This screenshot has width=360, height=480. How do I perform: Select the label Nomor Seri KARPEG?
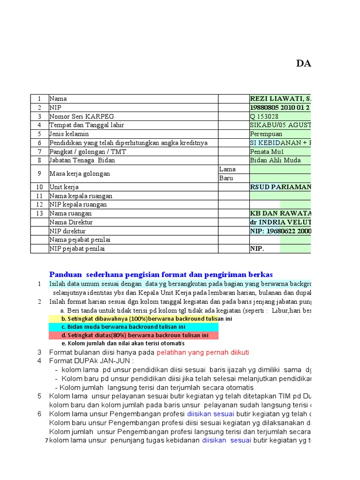click(82, 116)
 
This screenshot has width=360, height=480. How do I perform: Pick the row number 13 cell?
click(40, 213)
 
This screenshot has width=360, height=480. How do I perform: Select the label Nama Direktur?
click(71, 222)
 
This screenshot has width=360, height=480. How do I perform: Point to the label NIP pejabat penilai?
click(77, 248)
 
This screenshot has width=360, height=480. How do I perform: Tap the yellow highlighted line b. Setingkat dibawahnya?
click(133, 319)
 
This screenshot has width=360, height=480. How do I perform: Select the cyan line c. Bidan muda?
click(133, 327)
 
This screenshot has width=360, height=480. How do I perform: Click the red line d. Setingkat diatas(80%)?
click(133, 335)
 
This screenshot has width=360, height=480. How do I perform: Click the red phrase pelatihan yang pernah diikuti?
click(202, 352)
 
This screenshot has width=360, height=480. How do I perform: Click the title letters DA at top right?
click(303, 64)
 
